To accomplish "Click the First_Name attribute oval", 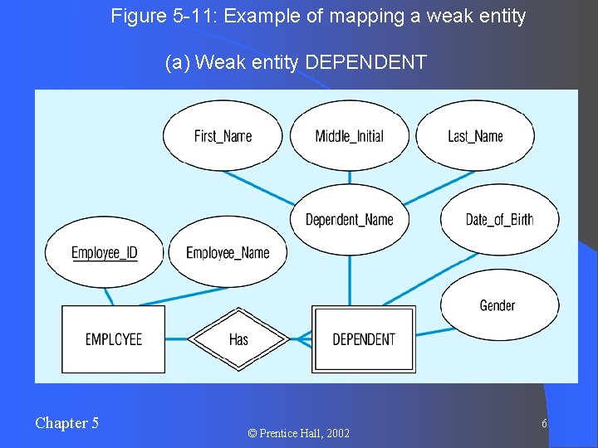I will tap(222, 136).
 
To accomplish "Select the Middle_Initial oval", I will tap(349, 136).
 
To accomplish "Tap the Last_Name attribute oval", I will tap(475, 136).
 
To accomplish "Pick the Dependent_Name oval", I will tap(349, 219).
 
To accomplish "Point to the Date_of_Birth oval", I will tap(499, 219).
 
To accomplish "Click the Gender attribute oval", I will tap(498, 305).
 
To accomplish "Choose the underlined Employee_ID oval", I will tap(105, 252).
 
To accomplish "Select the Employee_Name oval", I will tap(228, 252).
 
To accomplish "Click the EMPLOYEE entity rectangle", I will tap(114, 338).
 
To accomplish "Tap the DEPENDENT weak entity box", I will tap(363, 338).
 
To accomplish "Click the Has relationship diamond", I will tap(238, 338).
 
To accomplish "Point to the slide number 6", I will tap(544, 424).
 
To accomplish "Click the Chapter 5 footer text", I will tap(66, 423).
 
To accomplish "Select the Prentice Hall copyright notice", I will tap(298, 433).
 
